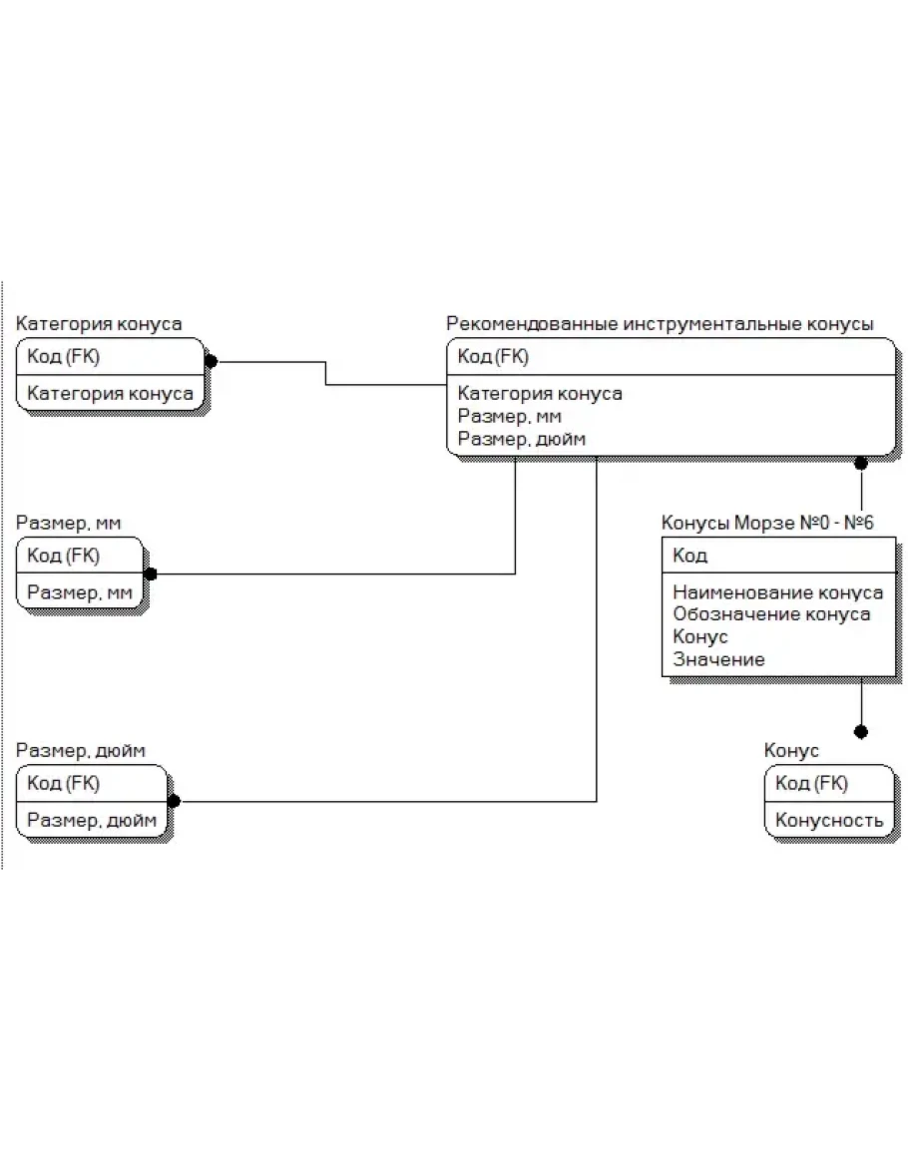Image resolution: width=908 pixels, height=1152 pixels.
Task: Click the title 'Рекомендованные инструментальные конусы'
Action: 660,324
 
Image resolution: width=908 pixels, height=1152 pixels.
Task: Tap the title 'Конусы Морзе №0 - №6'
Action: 767,523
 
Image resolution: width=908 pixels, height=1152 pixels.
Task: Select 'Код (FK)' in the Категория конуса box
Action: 63,356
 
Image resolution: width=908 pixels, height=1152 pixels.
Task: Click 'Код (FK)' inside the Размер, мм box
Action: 63,556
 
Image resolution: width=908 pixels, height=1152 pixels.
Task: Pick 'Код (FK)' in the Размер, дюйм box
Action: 63,783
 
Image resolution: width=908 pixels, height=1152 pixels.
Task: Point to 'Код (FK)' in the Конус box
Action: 811,783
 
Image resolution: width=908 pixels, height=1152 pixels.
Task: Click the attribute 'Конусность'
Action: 829,820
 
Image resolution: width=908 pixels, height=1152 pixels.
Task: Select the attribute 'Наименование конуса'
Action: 778,592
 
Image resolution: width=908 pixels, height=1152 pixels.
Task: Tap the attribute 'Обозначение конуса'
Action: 771,614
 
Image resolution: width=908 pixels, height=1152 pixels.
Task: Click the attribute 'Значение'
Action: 718,659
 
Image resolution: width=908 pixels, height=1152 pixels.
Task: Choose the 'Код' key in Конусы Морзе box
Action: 689,556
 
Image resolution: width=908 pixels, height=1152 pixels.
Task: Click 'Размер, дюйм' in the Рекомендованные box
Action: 521,439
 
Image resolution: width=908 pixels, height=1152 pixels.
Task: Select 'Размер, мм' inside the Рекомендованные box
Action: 509,417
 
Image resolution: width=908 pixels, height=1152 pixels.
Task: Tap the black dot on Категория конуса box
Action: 211,361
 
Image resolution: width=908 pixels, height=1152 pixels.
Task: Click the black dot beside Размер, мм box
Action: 150,574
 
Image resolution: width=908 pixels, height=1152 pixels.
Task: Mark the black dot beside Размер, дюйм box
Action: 175,801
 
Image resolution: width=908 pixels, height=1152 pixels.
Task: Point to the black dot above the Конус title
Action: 861,732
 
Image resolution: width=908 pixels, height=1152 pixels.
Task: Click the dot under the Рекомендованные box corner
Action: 861,463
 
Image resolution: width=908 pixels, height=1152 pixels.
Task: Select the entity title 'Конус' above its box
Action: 791,750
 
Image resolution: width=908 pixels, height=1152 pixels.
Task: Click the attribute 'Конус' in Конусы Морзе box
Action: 699,637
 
